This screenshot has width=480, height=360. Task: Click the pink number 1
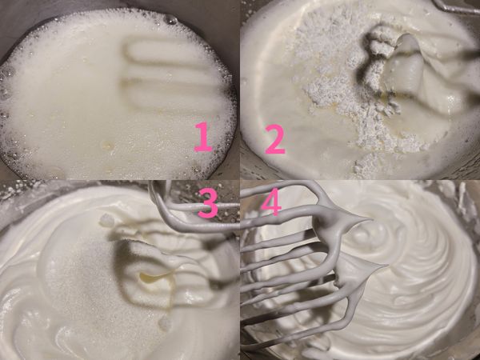(203, 137)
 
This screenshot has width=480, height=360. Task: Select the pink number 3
(207, 204)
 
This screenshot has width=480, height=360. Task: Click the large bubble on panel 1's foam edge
(170, 19)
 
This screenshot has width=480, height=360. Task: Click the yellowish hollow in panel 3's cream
(152, 278)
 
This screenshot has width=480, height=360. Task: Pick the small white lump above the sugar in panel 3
(106, 220)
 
